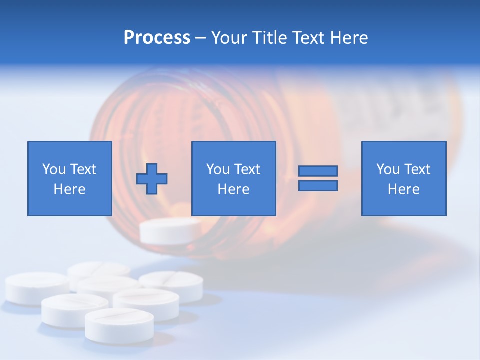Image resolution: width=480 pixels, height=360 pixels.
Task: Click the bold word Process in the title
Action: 157,38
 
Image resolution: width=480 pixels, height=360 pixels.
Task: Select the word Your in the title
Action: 229,38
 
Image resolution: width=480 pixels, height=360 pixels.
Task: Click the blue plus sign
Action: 152,178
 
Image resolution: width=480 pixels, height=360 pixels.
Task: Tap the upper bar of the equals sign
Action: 318,171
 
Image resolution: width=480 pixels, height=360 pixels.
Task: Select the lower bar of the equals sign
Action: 318,185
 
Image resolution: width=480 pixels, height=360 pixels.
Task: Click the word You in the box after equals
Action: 388,169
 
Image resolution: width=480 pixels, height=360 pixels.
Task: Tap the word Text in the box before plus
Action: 83,169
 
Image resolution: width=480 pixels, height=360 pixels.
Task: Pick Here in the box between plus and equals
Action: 234,189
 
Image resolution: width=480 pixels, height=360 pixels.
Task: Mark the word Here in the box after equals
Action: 404,189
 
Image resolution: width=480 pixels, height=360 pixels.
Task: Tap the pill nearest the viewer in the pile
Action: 119,325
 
